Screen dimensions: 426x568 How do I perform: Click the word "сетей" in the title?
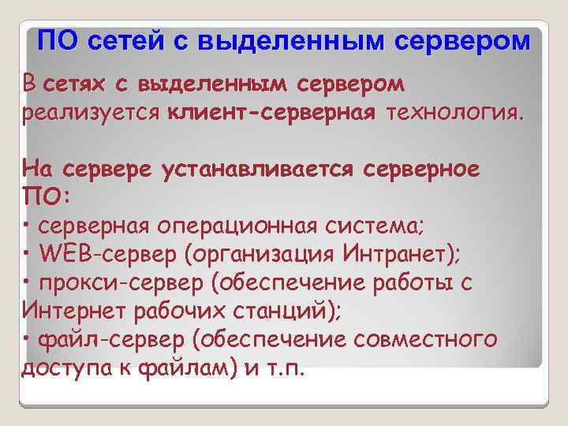click(130, 40)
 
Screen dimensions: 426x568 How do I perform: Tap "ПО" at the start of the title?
click(56, 40)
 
